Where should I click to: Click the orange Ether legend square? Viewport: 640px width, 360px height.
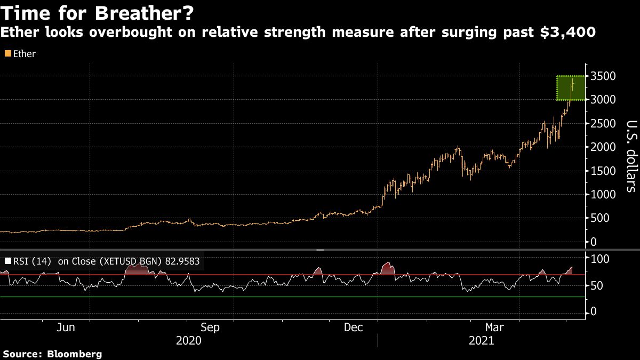7,54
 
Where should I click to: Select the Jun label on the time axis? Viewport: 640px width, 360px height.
66,327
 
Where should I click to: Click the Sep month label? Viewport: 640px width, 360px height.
210,327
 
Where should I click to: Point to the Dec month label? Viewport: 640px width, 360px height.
353,327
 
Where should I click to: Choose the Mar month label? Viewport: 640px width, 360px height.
495,327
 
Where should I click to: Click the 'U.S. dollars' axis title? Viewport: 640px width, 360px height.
631,156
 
